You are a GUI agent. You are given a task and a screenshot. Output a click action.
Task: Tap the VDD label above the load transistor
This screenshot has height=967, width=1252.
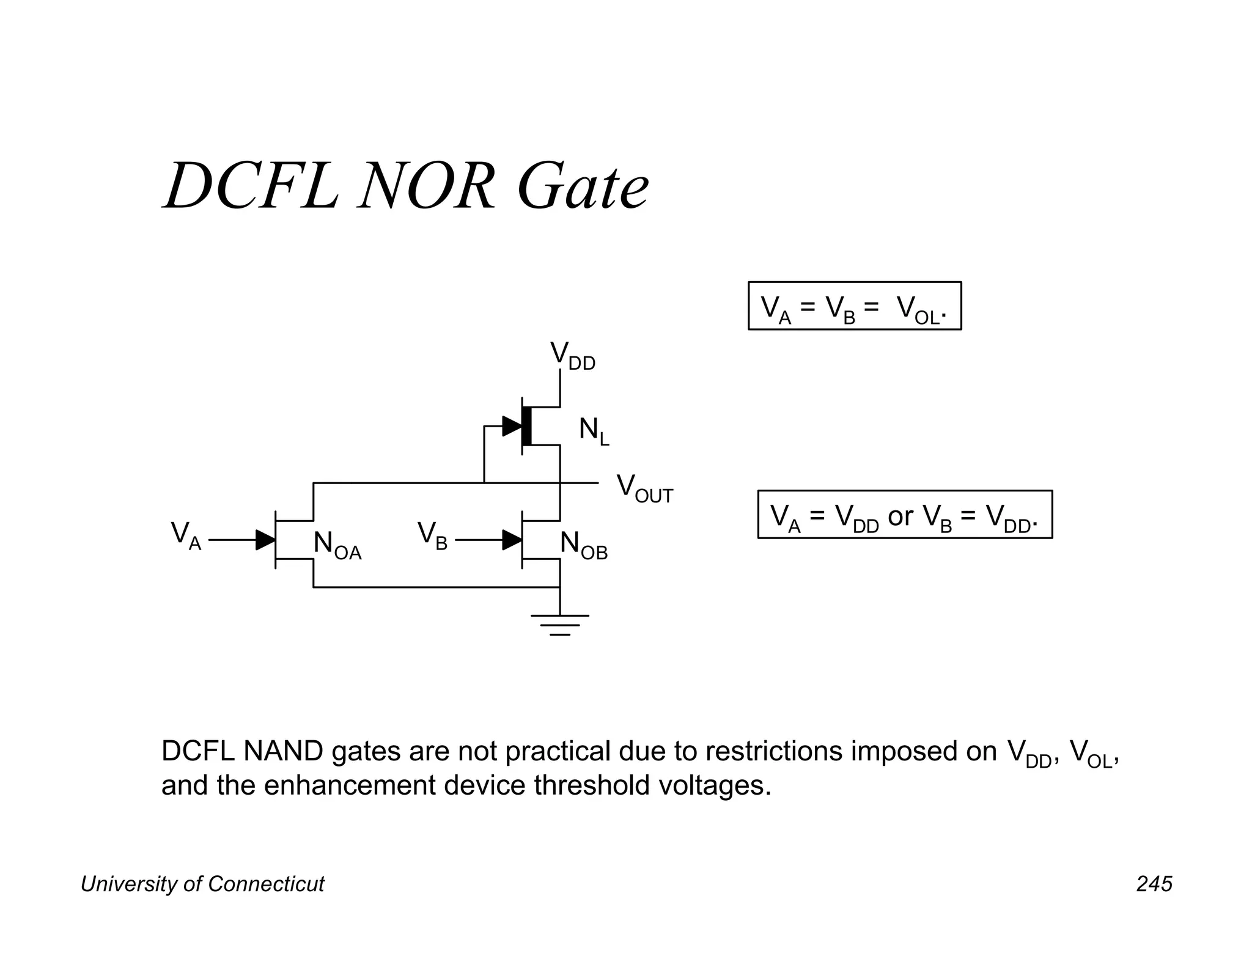[x=572, y=356]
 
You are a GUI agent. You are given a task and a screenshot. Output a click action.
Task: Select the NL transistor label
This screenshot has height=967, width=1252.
[x=594, y=432]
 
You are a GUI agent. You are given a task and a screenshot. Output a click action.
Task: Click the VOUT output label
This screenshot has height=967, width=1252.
[x=644, y=489]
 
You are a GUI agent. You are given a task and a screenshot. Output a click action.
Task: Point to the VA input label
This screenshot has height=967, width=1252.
[x=186, y=535]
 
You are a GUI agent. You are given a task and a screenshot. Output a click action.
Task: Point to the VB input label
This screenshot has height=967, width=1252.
[x=432, y=535]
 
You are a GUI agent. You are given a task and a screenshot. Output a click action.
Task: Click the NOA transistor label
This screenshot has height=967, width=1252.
[x=337, y=545]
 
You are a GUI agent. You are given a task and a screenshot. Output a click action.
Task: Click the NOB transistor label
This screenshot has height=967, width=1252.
[x=583, y=545]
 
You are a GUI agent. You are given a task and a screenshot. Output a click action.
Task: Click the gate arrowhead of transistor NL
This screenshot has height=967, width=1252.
[x=512, y=426]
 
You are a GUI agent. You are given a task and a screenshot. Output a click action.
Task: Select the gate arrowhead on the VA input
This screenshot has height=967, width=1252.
[x=265, y=540]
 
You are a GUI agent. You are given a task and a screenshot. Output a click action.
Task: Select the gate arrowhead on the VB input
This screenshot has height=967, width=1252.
[x=512, y=540]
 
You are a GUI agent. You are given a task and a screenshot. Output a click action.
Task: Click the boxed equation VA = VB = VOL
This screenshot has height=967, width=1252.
[x=854, y=306]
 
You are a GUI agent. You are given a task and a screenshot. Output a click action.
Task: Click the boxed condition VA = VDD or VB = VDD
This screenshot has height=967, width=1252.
[x=904, y=515]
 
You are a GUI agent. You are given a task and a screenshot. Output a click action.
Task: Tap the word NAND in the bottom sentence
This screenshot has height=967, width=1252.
[x=283, y=751]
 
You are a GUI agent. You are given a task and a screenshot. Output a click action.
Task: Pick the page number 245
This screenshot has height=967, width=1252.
[x=1154, y=884]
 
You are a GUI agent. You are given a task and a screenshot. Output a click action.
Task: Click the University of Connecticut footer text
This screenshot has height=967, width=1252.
[x=202, y=884]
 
